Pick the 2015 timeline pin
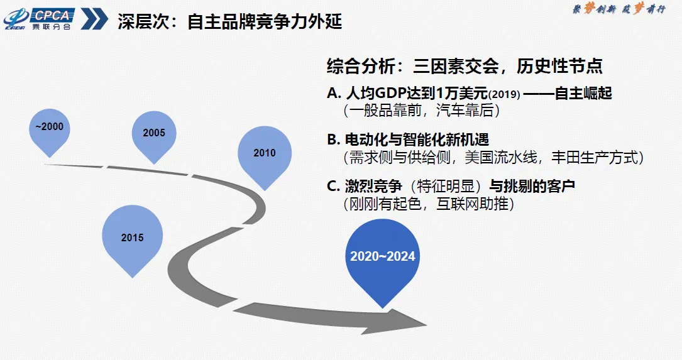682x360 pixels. tap(132, 240)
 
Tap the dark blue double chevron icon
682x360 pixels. tap(94, 19)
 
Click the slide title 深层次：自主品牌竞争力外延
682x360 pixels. tap(229, 21)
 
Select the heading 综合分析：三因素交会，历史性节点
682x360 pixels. tap(465, 66)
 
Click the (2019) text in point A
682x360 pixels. tap(504, 94)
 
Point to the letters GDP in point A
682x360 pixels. tap(390, 93)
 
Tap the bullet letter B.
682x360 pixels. tap(333, 139)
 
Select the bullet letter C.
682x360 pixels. tap(333, 186)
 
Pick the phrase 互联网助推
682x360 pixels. tap(472, 204)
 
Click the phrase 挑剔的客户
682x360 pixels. tap(539, 186)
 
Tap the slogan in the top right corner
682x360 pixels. tap(619, 9)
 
